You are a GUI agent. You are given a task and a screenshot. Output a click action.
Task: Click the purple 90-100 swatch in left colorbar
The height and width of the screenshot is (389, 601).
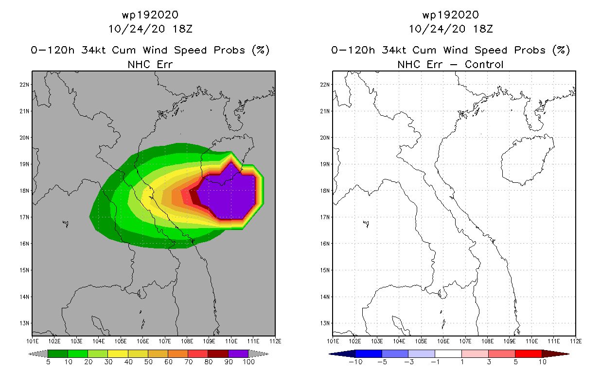point(238,354)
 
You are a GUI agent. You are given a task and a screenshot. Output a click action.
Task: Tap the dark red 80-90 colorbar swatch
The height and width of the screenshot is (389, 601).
point(218,354)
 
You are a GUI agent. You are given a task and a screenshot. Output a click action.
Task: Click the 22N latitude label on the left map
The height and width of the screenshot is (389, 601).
point(26,85)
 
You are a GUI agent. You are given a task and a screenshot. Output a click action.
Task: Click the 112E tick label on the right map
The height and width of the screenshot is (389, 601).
point(576,341)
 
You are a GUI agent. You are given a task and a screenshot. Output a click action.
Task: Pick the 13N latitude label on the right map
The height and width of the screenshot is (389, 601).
point(326,323)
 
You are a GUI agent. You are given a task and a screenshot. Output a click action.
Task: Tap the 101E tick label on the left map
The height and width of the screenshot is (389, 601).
point(32,341)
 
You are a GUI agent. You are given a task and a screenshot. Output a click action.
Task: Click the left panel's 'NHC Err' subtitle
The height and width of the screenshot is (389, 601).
point(150,64)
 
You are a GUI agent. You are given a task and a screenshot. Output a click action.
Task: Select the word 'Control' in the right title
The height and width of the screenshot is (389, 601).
point(484,64)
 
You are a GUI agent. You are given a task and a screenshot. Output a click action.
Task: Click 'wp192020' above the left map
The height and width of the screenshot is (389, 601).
point(150,15)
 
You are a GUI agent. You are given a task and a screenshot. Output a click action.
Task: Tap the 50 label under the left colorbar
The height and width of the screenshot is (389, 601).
point(148,362)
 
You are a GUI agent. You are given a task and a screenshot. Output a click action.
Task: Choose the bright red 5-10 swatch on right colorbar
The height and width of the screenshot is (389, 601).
point(528,354)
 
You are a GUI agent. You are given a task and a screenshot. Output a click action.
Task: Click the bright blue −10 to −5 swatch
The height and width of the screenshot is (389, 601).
point(369,354)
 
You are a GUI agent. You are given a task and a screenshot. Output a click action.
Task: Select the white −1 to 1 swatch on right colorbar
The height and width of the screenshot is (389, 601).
point(448,354)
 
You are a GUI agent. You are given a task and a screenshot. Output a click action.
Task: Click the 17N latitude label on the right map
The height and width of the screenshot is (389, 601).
point(326,217)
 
